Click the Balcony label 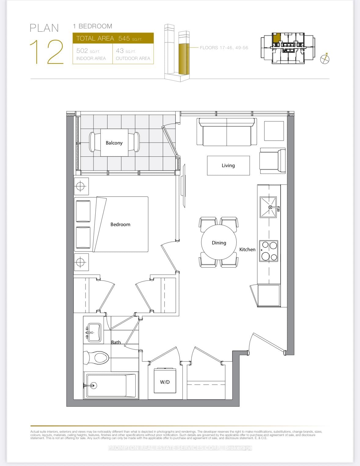click(x=114, y=143)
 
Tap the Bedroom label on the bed click(x=120, y=224)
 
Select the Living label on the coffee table click(x=228, y=165)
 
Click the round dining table click(x=219, y=242)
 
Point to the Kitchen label click(x=247, y=249)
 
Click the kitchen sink click(x=268, y=207)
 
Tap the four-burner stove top click(x=269, y=251)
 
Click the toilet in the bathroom click(x=97, y=357)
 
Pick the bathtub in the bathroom click(x=110, y=385)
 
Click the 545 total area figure click(x=124, y=39)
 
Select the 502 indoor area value click(x=82, y=51)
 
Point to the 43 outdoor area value click(x=120, y=51)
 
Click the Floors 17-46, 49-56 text click(x=224, y=48)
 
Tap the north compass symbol click(x=325, y=59)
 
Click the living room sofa click(x=227, y=132)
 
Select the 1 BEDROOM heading click(x=93, y=26)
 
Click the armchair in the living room click(x=272, y=161)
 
